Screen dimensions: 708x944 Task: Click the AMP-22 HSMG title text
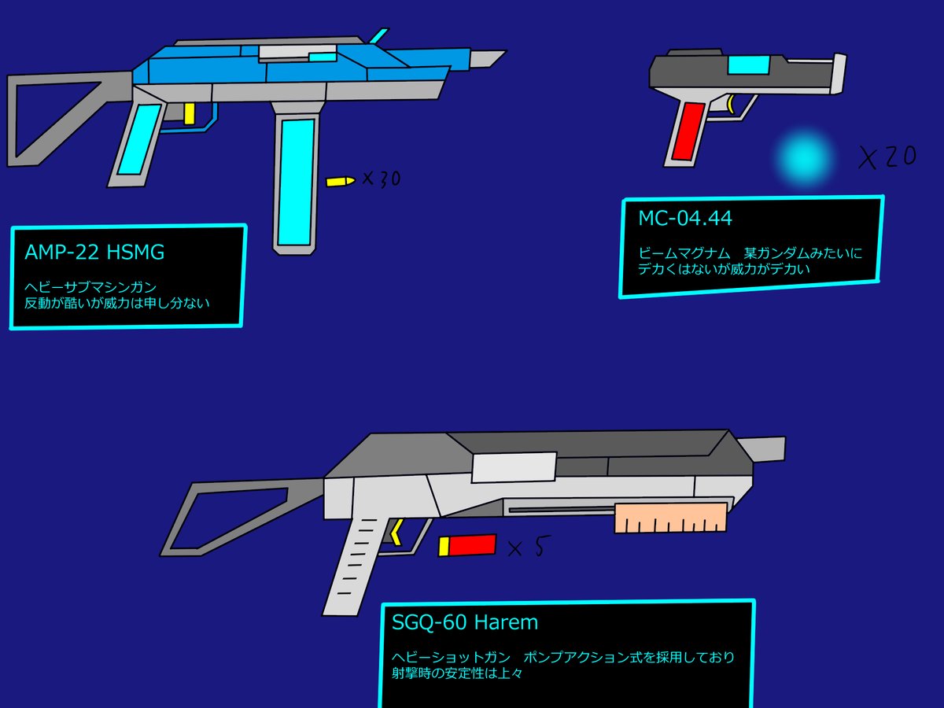(x=94, y=253)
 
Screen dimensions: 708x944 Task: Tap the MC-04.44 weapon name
(x=685, y=217)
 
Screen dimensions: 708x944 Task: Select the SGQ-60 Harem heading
(x=465, y=622)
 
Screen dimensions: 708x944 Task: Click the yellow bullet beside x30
(x=340, y=182)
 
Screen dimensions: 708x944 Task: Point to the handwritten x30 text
(x=382, y=179)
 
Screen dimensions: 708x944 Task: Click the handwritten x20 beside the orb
(x=887, y=158)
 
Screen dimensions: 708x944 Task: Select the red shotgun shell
(x=468, y=545)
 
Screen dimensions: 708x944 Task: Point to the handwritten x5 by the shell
(x=526, y=548)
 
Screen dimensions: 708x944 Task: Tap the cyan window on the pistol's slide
(x=748, y=65)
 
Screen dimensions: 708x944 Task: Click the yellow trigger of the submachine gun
(x=189, y=113)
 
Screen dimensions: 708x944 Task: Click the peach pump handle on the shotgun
(x=669, y=518)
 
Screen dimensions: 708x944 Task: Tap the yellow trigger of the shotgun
(x=396, y=532)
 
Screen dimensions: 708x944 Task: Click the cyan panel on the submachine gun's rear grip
(x=138, y=140)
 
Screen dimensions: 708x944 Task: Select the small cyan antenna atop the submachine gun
(x=378, y=35)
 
